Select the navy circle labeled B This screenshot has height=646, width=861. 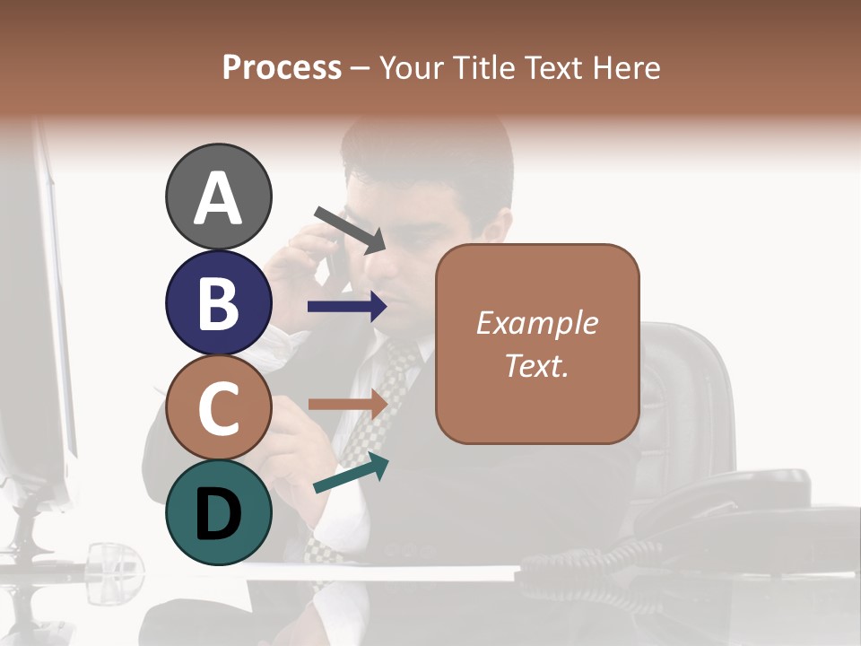tap(218, 303)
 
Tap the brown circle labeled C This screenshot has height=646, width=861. tap(218, 408)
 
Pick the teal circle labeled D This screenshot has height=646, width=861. tap(218, 512)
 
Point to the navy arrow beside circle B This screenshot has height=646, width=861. tap(347, 307)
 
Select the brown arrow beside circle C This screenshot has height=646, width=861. tap(347, 404)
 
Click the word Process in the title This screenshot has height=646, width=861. tap(282, 67)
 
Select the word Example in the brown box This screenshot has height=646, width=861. tap(536, 323)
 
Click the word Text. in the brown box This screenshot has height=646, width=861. tap(536, 365)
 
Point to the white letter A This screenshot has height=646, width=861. tap(218, 198)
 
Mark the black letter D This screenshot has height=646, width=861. tap(218, 514)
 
